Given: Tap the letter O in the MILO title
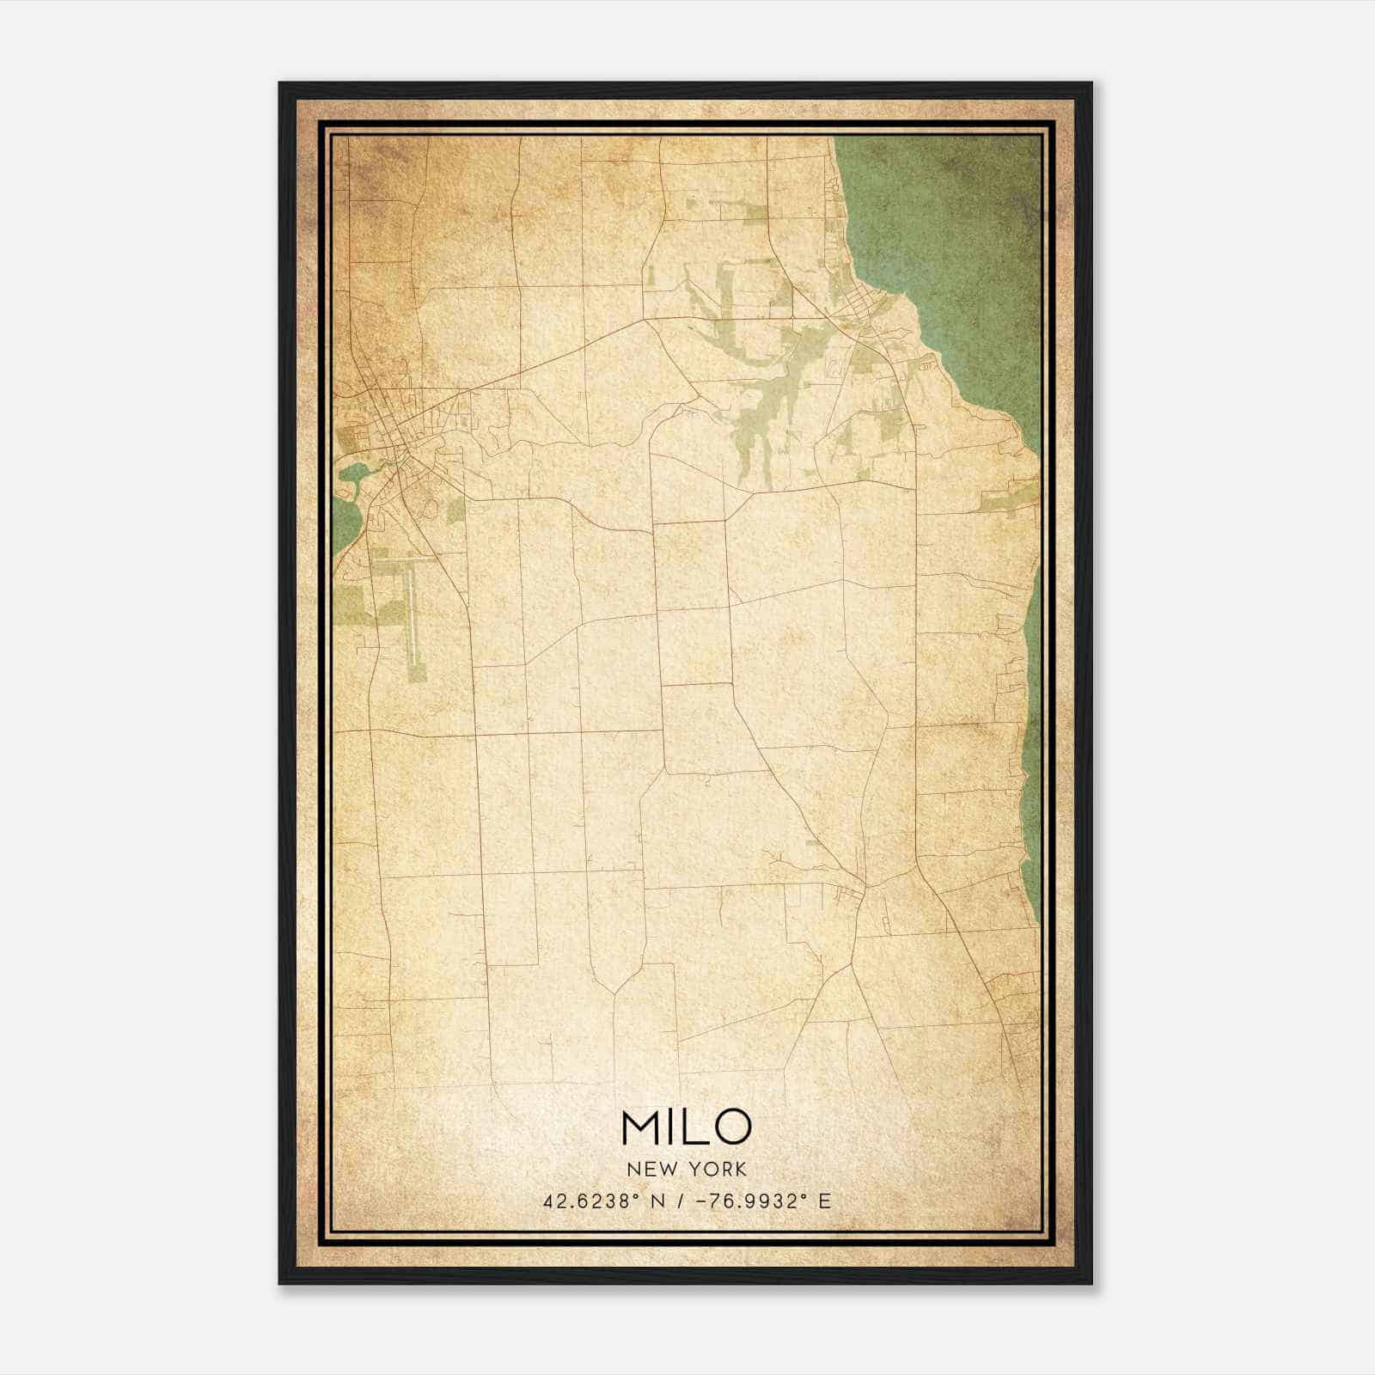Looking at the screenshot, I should point(731,1127).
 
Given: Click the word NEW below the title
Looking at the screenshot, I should point(645,1170).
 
